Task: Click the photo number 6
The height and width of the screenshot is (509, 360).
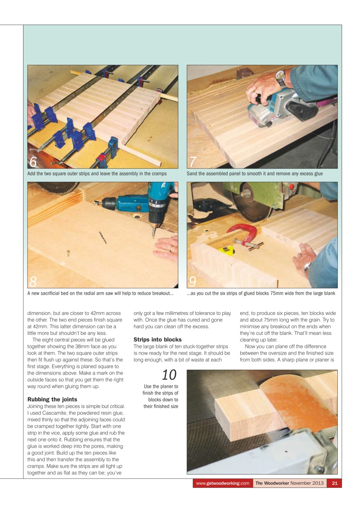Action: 33,162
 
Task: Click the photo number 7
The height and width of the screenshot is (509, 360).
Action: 193,162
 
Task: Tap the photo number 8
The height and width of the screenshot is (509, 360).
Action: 33,282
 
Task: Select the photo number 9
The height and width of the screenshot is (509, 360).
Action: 193,282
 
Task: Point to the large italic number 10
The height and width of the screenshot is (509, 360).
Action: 169,375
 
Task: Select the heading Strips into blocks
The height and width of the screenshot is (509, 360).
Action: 157,340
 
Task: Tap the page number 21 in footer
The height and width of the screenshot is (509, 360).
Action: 334,483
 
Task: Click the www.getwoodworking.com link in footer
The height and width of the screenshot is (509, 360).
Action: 222,483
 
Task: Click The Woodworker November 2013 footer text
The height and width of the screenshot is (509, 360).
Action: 289,483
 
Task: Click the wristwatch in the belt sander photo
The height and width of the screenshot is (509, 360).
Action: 281,78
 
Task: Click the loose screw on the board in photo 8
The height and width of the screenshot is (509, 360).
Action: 68,253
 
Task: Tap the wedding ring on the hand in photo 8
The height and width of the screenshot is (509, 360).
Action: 171,249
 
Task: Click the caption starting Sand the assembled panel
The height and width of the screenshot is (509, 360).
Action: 255,174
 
